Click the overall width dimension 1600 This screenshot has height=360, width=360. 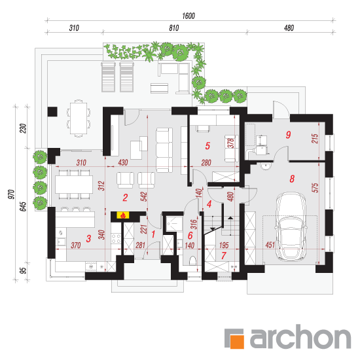tap(189, 16)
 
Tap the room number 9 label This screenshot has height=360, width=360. tap(289, 135)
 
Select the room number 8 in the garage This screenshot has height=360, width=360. tap(292, 179)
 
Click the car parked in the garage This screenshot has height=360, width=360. tap(291, 227)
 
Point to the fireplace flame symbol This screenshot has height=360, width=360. tap(123, 215)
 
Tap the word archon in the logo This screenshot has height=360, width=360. tap(300, 336)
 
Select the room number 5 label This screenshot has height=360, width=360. tap(207, 145)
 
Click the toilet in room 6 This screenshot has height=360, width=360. tap(193, 261)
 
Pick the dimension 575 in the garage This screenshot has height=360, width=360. tap(315, 188)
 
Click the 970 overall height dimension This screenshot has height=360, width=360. tap(12, 194)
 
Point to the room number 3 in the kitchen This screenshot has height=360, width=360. tap(88, 238)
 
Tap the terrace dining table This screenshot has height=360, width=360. tap(79, 118)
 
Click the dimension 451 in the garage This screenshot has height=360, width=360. tap(270, 245)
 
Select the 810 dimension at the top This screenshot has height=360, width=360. tap(174, 28)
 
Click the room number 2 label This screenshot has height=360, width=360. tap(125, 198)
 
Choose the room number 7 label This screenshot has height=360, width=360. tap(224, 255)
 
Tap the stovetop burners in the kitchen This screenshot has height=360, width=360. tap(116, 238)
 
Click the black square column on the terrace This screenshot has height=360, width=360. tap(52, 111)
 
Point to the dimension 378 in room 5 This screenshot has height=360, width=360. tap(231, 143)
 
